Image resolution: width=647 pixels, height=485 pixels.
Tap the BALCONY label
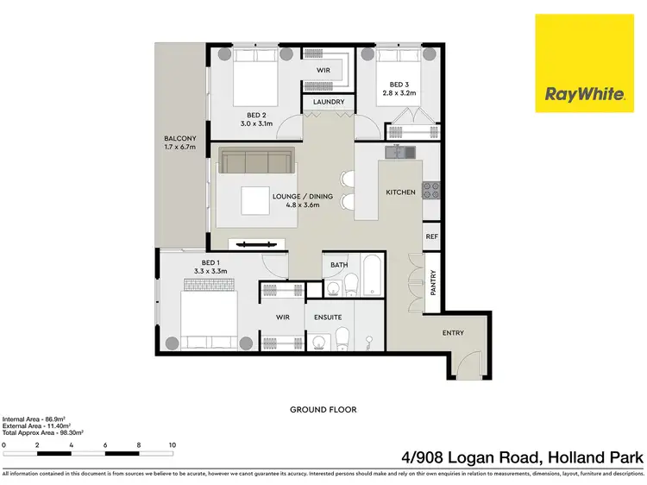[x=180, y=143]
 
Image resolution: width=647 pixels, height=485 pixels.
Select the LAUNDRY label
[x=328, y=103]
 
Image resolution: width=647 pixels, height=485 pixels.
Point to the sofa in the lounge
[x=255, y=161]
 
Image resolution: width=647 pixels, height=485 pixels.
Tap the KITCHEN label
[x=400, y=192]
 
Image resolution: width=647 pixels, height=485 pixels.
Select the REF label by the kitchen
[x=431, y=235]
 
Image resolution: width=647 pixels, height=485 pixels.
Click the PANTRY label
[x=433, y=282]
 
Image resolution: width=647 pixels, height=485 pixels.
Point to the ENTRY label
[x=453, y=333]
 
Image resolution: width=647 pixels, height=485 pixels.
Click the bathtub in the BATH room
[x=373, y=276]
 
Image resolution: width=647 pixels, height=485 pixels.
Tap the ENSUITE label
[x=329, y=317]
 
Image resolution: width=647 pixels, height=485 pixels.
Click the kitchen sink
[x=399, y=152]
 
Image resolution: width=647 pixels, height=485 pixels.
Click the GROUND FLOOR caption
[x=323, y=409]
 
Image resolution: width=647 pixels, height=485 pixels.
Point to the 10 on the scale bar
[x=173, y=445]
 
